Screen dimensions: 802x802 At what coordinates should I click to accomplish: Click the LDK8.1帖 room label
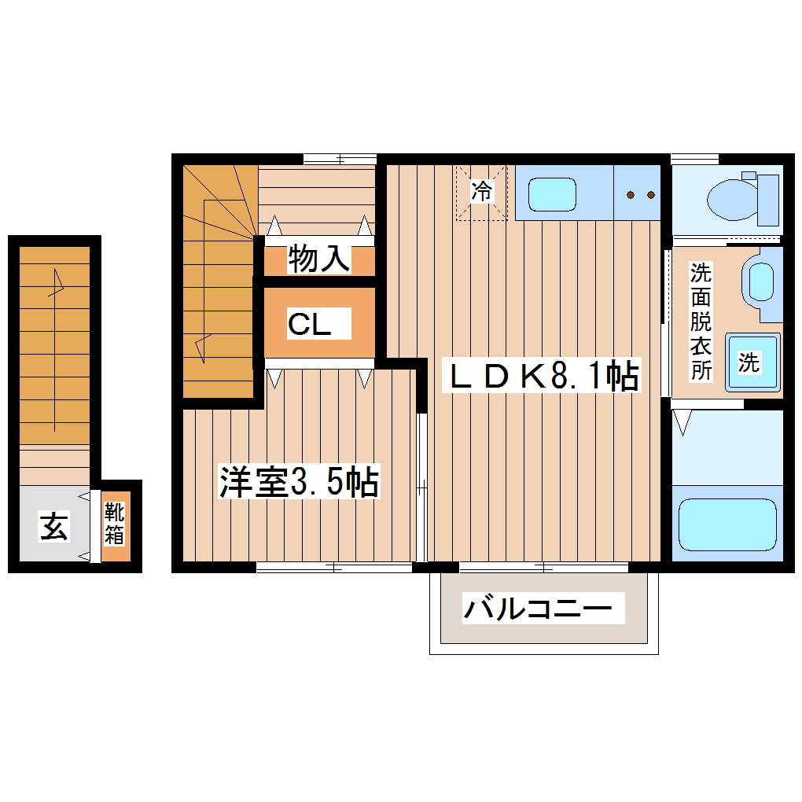coord(543,377)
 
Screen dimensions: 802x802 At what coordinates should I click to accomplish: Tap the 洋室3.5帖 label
coord(299,483)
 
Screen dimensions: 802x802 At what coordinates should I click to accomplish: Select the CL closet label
coord(309,324)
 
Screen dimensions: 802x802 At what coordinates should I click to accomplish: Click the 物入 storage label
coord(318,258)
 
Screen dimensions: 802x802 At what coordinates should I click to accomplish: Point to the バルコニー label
coord(538,609)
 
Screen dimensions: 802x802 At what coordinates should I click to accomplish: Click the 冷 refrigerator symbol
coord(481,191)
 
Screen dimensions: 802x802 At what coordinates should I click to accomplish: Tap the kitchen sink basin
coord(553,193)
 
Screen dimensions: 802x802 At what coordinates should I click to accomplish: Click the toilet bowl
coord(730,199)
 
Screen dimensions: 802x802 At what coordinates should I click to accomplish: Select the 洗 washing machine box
coord(752,362)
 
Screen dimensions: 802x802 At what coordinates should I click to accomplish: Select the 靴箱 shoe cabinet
coord(116,525)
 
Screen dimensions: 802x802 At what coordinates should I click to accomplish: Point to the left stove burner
coord(630,194)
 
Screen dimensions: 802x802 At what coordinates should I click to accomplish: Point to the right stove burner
coord(650,194)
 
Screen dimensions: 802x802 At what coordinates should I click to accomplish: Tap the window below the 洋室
coord(334,567)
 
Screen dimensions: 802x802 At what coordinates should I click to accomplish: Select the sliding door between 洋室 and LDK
coord(421,487)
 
